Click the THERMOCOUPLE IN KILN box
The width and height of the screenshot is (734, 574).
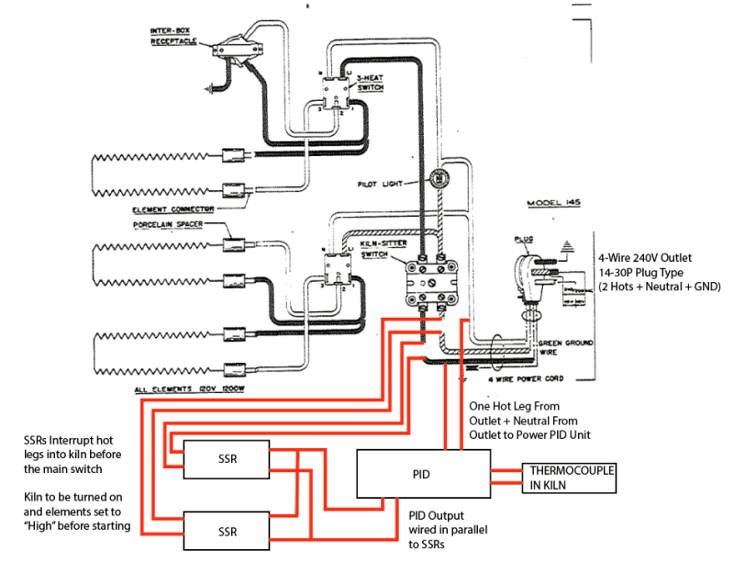click(x=569, y=476)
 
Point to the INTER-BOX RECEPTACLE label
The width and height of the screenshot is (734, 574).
click(x=174, y=36)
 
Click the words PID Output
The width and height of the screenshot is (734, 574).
click(x=438, y=516)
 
